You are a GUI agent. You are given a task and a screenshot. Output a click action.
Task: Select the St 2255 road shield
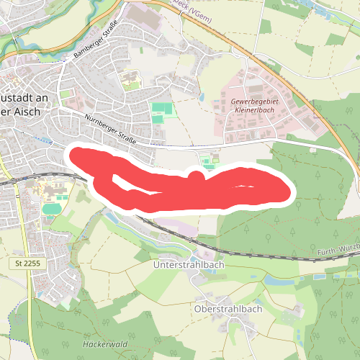point(25,264)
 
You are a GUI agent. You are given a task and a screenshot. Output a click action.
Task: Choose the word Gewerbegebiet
point(253,102)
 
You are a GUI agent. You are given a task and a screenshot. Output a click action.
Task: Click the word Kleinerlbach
point(253,112)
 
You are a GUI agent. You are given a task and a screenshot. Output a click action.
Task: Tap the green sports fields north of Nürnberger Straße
point(162,109)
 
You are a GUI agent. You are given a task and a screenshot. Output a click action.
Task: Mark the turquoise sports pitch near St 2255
point(51,209)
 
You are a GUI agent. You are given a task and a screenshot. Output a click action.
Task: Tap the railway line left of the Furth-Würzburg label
point(274,254)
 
